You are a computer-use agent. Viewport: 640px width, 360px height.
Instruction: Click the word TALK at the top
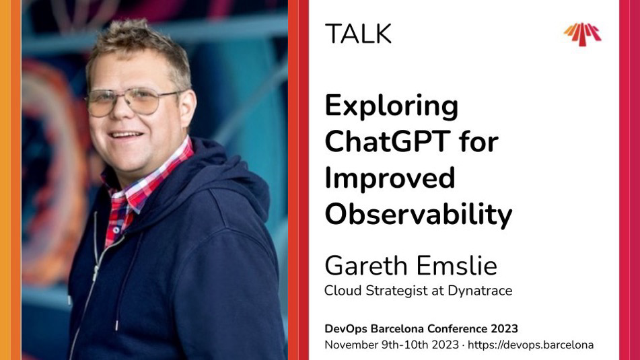click(358, 34)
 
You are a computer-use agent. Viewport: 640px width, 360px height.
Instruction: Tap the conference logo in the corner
click(582, 34)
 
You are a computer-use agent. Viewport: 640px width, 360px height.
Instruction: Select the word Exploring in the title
click(392, 107)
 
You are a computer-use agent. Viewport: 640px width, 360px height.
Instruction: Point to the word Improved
click(390, 178)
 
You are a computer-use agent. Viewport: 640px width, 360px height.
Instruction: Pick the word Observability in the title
click(419, 214)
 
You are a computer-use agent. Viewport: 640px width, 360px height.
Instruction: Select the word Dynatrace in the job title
click(480, 291)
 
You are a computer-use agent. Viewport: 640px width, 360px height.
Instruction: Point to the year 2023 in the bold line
click(504, 328)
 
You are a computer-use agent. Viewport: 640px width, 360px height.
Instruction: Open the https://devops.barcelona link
click(530, 345)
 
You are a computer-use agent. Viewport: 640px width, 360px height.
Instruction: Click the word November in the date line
click(351, 345)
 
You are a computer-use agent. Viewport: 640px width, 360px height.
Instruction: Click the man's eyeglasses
click(130, 101)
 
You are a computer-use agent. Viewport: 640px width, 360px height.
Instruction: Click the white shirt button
click(116, 230)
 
